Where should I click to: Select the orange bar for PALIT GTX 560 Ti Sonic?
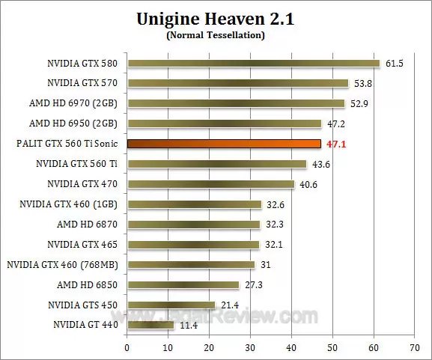click(x=224, y=144)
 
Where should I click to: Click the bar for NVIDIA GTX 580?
click(x=254, y=64)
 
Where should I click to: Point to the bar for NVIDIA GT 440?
click(x=150, y=325)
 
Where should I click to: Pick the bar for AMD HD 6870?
click(x=194, y=224)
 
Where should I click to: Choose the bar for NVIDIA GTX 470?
click(x=211, y=184)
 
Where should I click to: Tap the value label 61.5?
click(x=395, y=64)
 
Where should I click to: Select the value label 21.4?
click(x=227, y=305)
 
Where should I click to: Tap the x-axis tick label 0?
click(x=127, y=347)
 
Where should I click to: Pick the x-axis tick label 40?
click(x=292, y=347)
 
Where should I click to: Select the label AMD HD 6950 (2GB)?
click(x=76, y=123)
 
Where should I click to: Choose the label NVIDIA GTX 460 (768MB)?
click(x=64, y=264)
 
